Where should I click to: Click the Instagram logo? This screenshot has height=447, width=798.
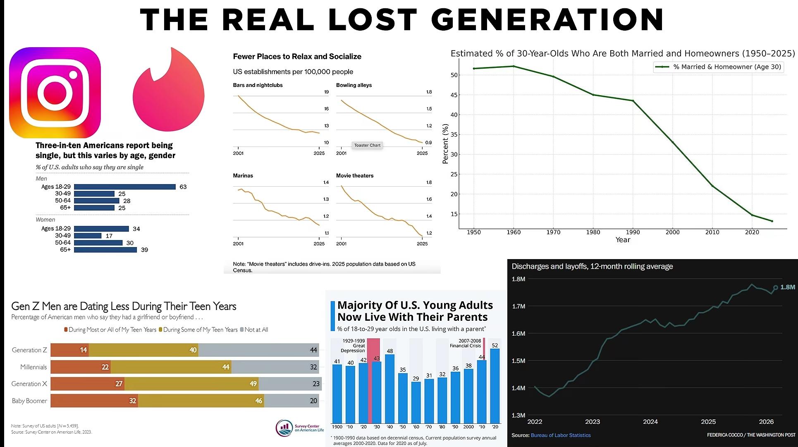55,92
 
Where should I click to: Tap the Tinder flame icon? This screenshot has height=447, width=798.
169,90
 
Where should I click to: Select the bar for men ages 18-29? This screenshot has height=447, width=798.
125,187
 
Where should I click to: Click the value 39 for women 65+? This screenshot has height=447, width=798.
144,250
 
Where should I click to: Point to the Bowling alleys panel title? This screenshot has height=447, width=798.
354,85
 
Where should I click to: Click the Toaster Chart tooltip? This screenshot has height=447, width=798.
367,145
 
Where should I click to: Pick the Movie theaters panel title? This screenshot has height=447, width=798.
355,175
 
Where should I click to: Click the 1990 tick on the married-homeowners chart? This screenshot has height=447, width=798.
633,232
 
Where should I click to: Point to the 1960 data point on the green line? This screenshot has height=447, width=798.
514,66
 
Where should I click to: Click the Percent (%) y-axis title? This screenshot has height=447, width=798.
445,144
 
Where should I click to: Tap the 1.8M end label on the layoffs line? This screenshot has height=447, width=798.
788,287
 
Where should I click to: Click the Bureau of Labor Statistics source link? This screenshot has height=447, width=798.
561,435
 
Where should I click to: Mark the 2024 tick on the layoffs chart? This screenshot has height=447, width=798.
650,421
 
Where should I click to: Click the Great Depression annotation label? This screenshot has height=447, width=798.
353,346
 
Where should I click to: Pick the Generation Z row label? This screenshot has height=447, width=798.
29,350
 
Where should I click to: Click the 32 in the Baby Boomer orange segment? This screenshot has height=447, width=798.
132,401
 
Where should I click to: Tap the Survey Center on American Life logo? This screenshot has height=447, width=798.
300,428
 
